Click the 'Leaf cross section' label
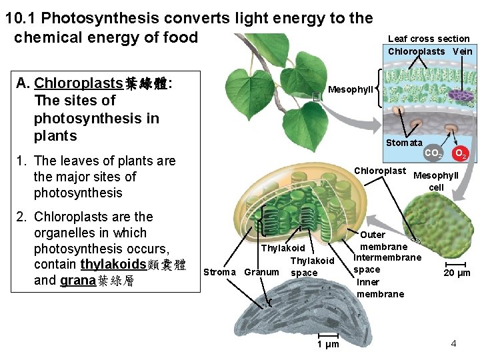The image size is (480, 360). (428, 39)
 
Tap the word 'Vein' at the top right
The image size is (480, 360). (462, 51)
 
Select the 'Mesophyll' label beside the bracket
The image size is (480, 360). (351, 89)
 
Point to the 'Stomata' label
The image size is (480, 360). (404, 143)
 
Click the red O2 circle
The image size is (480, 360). (459, 154)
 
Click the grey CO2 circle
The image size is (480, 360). (433, 154)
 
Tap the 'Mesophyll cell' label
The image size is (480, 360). (436, 181)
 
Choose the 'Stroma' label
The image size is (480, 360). (219, 272)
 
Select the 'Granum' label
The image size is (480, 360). (261, 272)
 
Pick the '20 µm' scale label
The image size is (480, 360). (457, 273)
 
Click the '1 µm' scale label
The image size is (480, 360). (327, 344)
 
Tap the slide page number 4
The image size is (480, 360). (453, 343)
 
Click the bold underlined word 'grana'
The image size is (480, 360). (77, 281)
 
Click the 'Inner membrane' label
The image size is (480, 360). (380, 287)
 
